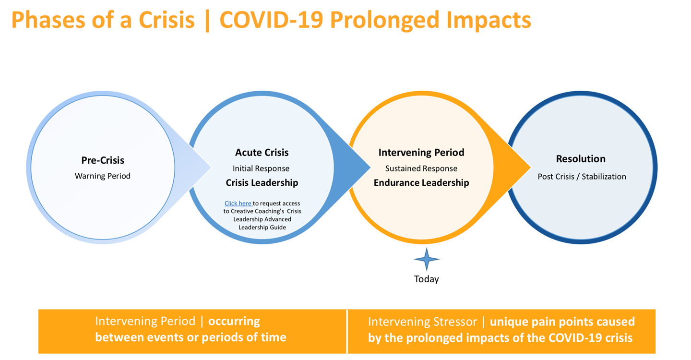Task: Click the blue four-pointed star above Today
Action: (x=427, y=259)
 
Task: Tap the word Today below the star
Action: (x=426, y=279)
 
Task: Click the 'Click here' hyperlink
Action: (x=238, y=204)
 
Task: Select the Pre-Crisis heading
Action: (x=103, y=160)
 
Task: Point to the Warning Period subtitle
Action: (x=102, y=176)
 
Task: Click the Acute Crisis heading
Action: (x=262, y=152)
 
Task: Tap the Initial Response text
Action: (x=261, y=168)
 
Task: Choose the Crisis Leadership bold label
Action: (x=262, y=182)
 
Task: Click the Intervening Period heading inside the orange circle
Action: (x=421, y=152)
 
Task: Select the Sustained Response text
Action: (x=421, y=168)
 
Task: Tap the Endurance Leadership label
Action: (x=421, y=182)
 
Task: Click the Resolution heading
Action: (x=581, y=159)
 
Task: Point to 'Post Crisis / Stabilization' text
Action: (x=582, y=177)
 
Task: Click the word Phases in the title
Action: (x=48, y=20)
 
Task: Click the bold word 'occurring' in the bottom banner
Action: (x=234, y=322)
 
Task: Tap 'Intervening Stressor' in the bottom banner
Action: (x=422, y=322)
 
